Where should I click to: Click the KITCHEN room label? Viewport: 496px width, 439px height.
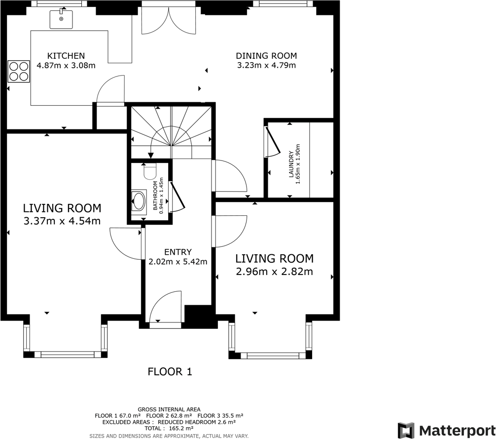pyautogui.click(x=66, y=56)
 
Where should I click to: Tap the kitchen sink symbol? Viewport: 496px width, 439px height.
pyautogui.click(x=61, y=19)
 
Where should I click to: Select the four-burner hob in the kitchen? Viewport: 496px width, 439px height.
pyautogui.click(x=18, y=71)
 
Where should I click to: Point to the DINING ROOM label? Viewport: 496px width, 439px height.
pyautogui.click(x=266, y=56)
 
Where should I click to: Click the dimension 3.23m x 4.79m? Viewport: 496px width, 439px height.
pyautogui.click(x=266, y=65)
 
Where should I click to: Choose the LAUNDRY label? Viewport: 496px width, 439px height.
pyautogui.click(x=291, y=164)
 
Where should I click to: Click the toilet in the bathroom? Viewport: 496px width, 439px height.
pyautogui.click(x=149, y=171)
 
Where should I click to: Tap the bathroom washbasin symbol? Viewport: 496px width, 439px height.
pyautogui.click(x=139, y=201)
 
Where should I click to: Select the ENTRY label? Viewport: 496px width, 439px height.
pyautogui.click(x=177, y=252)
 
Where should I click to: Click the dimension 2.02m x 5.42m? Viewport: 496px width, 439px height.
pyautogui.click(x=177, y=262)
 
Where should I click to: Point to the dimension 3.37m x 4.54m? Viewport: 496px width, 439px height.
pyautogui.click(x=62, y=221)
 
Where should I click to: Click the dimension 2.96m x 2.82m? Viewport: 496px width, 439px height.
pyautogui.click(x=274, y=271)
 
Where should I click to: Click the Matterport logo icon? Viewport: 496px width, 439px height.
pyautogui.click(x=406, y=430)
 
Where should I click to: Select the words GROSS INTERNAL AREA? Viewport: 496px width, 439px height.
pyautogui.click(x=169, y=409)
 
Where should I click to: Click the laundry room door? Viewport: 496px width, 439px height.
pyautogui.click(x=272, y=141)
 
